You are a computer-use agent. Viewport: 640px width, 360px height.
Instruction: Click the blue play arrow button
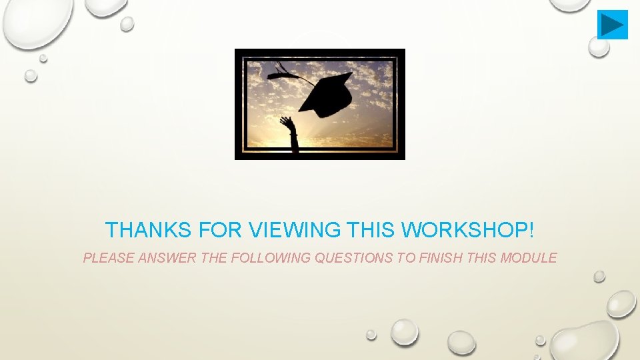coord(612,25)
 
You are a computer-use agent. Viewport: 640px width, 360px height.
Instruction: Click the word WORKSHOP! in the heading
coord(468,231)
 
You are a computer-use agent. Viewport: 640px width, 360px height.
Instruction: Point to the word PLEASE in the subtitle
coord(108,258)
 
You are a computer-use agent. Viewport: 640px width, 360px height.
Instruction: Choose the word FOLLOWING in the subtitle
coord(270,258)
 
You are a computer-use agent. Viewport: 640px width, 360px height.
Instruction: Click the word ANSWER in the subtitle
coord(167,258)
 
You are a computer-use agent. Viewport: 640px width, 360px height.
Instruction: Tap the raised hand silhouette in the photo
coord(289,125)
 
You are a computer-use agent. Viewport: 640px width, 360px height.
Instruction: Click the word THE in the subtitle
coord(213,258)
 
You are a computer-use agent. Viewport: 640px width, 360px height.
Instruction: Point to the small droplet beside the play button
coord(598,46)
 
